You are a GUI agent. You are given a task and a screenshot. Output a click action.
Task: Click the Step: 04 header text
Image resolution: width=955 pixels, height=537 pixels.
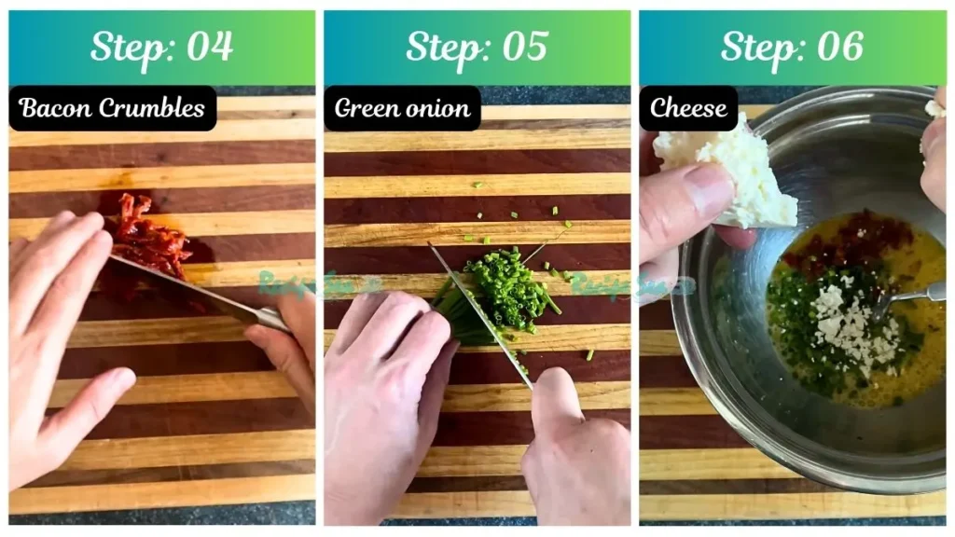(161, 47)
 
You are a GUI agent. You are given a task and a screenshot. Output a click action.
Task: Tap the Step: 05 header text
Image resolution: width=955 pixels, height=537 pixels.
(477, 47)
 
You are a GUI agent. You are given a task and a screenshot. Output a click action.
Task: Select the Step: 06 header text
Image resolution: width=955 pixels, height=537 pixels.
(792, 47)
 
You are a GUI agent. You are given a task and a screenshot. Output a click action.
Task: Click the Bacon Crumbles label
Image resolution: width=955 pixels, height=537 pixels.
(112, 108)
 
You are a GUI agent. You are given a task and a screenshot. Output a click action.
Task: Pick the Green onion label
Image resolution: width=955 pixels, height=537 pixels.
(402, 108)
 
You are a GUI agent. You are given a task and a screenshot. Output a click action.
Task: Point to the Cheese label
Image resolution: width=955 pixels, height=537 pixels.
(688, 108)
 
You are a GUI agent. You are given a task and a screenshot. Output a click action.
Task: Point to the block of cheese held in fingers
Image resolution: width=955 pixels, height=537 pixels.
(737, 172)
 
